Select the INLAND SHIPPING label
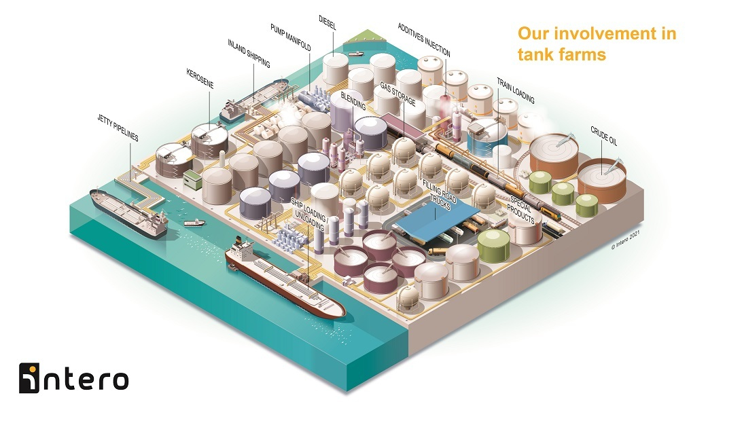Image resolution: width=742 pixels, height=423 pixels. pos(249,54)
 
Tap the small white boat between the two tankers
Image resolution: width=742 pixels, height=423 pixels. pos(195,222)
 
